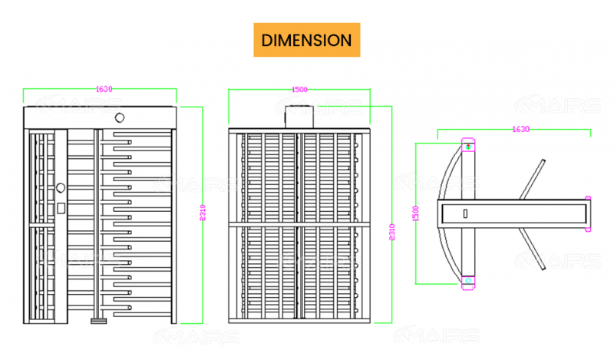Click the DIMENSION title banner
(306, 40)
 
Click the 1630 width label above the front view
(104, 89)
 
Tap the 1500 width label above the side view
(299, 90)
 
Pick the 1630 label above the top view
(521, 130)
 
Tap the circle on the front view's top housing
(119, 117)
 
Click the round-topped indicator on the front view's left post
(61, 187)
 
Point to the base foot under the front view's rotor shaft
(97, 319)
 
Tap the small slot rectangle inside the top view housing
(464, 213)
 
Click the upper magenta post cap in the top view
(468, 144)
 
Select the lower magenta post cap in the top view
(468, 281)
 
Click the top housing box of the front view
(100, 118)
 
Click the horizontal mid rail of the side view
(299, 223)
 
